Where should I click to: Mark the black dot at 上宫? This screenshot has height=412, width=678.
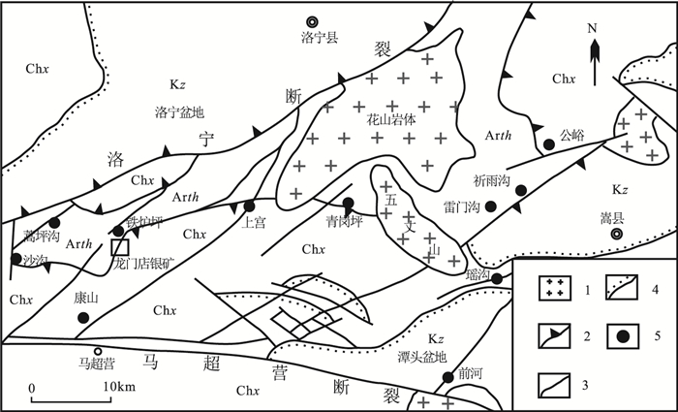[x=250, y=206]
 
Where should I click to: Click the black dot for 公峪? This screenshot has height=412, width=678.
[x=548, y=144]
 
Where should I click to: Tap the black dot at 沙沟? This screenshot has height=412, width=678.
[x=16, y=258]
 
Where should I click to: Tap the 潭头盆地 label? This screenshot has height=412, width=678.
[x=422, y=356]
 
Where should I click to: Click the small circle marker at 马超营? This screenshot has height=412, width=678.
[x=97, y=352]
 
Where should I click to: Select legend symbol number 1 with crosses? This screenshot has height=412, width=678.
[x=555, y=288]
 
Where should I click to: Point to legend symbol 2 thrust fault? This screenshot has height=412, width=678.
[x=555, y=337]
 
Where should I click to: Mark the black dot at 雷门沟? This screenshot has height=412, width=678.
[x=491, y=206]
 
